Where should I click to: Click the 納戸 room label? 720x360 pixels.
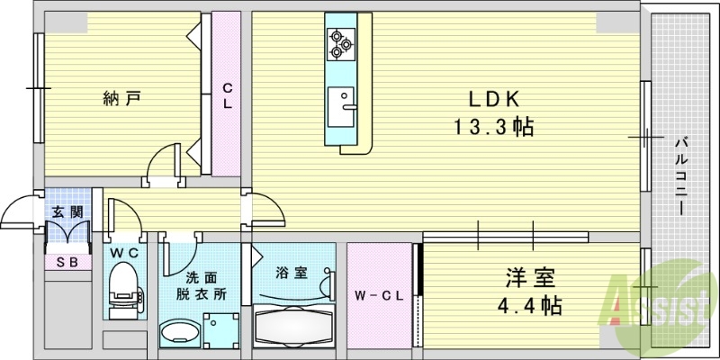pyautogui.click(x=121, y=98)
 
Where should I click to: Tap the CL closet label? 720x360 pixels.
pyautogui.click(x=228, y=95)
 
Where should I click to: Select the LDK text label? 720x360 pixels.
pyautogui.click(x=493, y=99)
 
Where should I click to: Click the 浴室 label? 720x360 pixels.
pyautogui.click(x=293, y=271)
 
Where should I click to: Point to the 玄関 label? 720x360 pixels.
pyautogui.click(x=67, y=212)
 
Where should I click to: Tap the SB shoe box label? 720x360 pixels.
pyautogui.click(x=67, y=262)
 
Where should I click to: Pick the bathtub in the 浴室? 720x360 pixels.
pyautogui.click(x=294, y=325)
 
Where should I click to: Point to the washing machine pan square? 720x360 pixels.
pyautogui.click(x=221, y=330)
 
